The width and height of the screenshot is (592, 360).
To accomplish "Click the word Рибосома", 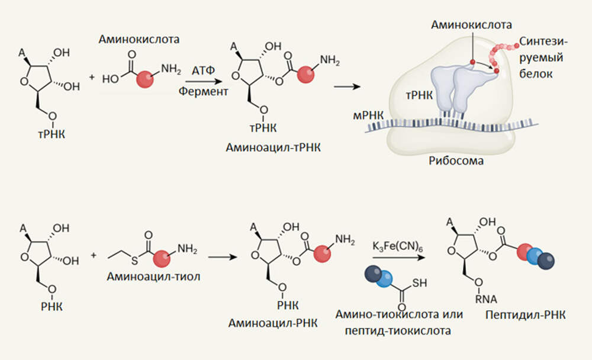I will click(455, 161).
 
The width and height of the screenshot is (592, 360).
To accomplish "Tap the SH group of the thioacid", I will click(419, 283).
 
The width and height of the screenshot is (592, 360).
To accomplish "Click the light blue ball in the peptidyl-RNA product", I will click(536, 255).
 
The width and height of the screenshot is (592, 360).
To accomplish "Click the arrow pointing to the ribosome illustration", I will click(348, 87).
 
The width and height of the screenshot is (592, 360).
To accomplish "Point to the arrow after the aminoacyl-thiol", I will click(221, 258).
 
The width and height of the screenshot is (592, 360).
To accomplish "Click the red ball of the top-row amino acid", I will click(144, 79).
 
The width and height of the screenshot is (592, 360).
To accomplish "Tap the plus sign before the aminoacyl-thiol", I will click(94, 256).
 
